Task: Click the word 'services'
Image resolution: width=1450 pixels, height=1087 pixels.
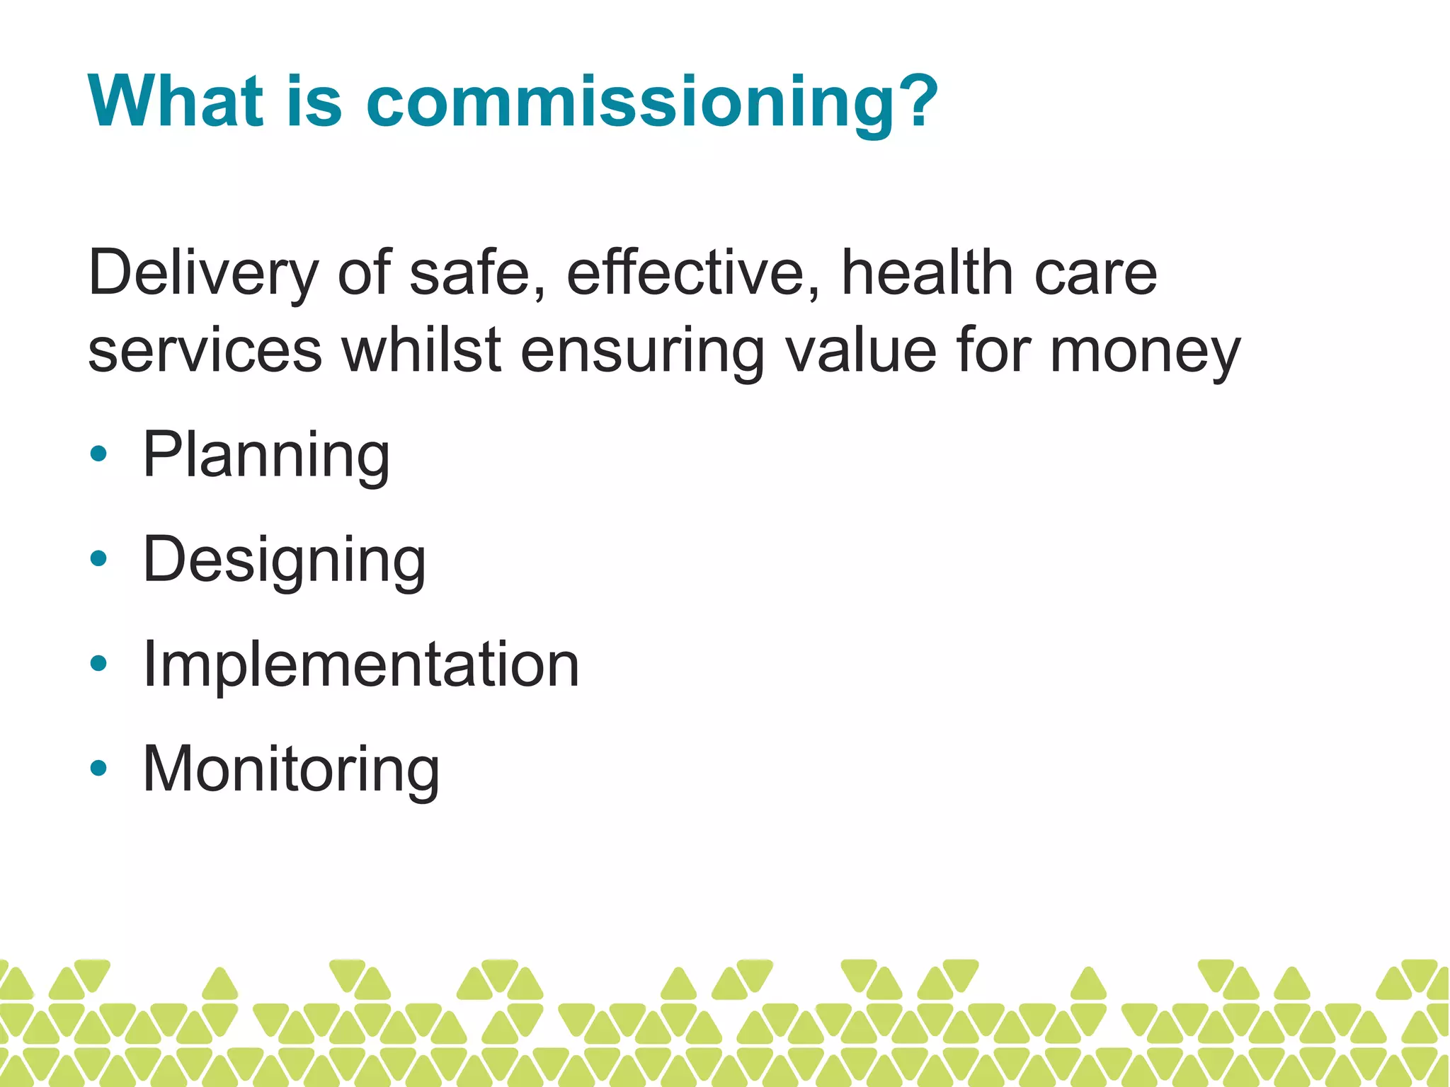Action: tap(205, 352)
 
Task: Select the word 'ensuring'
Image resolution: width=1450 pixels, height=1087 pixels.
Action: tap(642, 352)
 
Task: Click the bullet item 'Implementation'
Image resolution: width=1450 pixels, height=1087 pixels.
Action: tap(361, 664)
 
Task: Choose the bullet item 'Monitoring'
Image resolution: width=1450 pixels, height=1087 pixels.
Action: tap(291, 769)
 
